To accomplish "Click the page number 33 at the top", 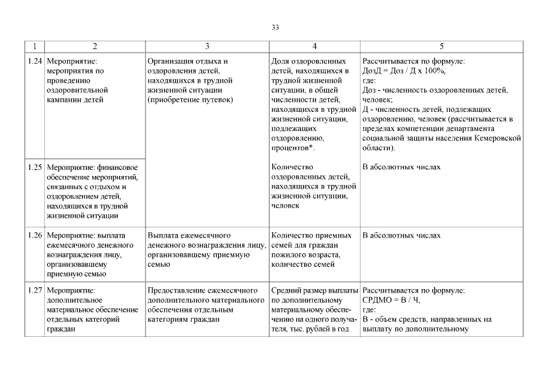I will click(275, 28).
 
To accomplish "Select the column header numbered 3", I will click(207, 46).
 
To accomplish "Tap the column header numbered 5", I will click(441, 46).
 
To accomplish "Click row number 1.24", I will click(35, 61).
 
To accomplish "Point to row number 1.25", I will click(35, 167).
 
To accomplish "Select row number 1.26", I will click(35, 235).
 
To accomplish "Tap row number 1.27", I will click(35, 290).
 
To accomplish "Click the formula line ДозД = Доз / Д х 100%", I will click(404, 71).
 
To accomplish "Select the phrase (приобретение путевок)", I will click(190, 99).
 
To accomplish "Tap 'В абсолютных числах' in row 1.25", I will click(401, 167).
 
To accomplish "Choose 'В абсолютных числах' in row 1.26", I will click(401, 235).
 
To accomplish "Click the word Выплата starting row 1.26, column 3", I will click(163, 235).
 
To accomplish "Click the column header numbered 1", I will click(35, 46).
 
